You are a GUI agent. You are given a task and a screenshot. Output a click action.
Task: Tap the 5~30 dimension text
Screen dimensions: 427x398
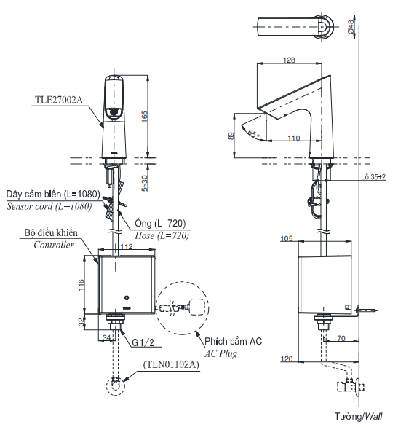pos(145,182)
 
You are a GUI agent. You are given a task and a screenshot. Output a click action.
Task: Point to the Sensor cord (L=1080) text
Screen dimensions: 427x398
pos(49,206)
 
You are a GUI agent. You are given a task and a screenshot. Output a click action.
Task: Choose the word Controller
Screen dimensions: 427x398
pos(53,246)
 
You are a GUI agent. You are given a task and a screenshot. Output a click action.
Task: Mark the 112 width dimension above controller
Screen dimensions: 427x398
pos(127,247)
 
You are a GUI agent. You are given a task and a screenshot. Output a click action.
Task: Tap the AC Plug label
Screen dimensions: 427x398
pos(220,353)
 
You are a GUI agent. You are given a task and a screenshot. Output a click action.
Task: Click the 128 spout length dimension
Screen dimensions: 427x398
pos(290,60)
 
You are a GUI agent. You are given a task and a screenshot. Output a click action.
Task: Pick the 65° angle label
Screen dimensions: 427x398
pos(252,133)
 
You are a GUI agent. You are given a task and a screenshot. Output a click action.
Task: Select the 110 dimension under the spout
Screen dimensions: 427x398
pos(293,137)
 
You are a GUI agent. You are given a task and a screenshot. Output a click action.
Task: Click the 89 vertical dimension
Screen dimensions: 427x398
pos(231,136)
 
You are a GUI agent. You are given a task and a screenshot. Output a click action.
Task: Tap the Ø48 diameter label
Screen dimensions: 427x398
pos(351,26)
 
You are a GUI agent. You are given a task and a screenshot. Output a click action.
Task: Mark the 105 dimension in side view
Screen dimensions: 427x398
pos(285,238)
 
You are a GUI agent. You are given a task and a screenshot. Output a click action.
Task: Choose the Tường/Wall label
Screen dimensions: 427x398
pos(358,416)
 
